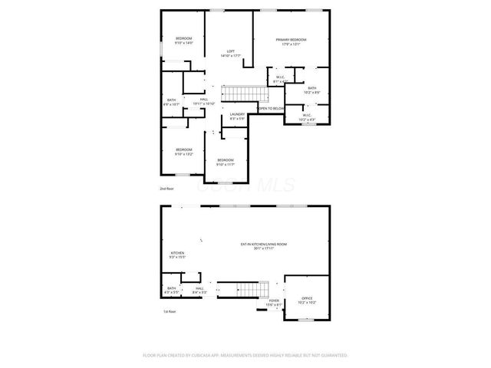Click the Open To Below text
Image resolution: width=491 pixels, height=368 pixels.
(271, 109)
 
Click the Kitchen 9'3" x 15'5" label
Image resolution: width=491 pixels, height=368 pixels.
(177, 255)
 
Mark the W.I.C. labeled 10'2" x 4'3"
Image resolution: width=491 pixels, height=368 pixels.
(307, 118)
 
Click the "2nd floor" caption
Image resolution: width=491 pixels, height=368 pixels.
(167, 188)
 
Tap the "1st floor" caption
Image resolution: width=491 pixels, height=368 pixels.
(170, 312)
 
